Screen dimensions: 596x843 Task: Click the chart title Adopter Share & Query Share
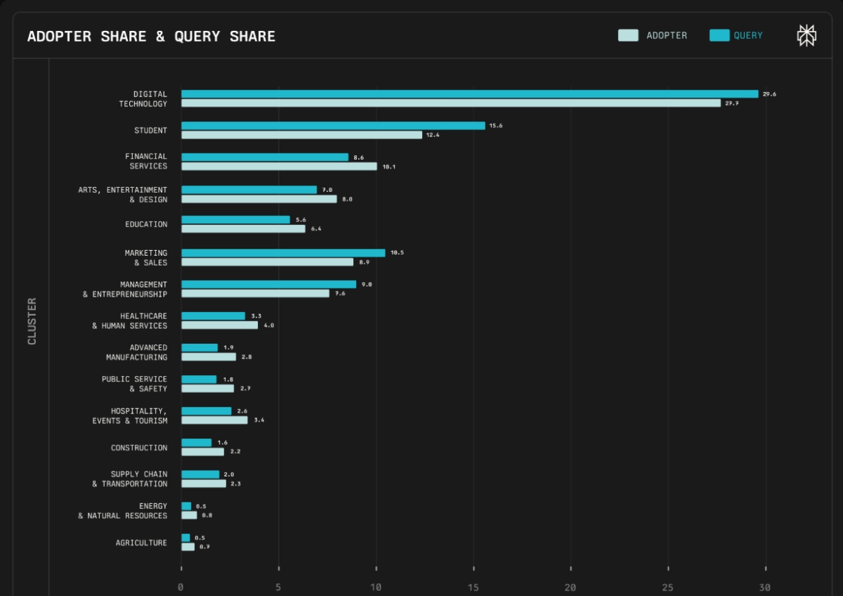151,37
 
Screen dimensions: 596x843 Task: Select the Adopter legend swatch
628,35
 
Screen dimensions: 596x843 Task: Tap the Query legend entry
736,35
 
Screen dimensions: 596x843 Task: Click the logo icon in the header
806,35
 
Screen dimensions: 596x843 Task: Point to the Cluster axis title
32,321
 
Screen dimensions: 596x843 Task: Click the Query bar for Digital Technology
469,94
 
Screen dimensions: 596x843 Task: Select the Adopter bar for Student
301,135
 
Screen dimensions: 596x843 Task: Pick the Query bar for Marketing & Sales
283,253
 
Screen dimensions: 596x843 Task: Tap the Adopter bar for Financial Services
279,167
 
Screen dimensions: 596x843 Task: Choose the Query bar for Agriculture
185,538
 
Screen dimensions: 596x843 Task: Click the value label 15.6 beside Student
496,126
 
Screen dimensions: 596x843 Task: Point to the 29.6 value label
769,94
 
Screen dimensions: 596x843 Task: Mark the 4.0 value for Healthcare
269,325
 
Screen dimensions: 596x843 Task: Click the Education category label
146,225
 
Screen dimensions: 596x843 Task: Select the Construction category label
139,448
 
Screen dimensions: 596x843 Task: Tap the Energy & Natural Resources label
123,511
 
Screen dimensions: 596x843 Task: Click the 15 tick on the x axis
473,588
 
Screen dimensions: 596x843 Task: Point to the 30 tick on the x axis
765,588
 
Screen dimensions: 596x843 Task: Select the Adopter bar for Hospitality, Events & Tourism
214,420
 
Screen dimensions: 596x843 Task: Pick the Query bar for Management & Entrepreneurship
268,285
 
